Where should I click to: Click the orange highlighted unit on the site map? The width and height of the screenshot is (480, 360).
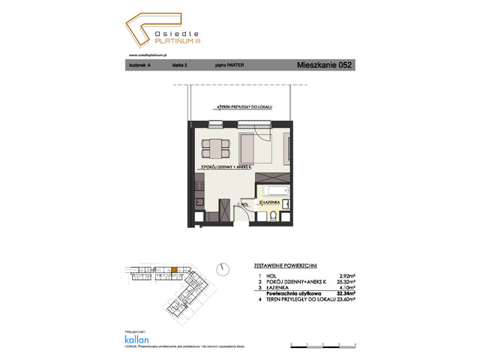click(175, 270)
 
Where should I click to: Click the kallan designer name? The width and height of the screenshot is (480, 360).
click(136, 338)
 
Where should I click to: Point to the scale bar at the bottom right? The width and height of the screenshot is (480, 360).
click(322, 346)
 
